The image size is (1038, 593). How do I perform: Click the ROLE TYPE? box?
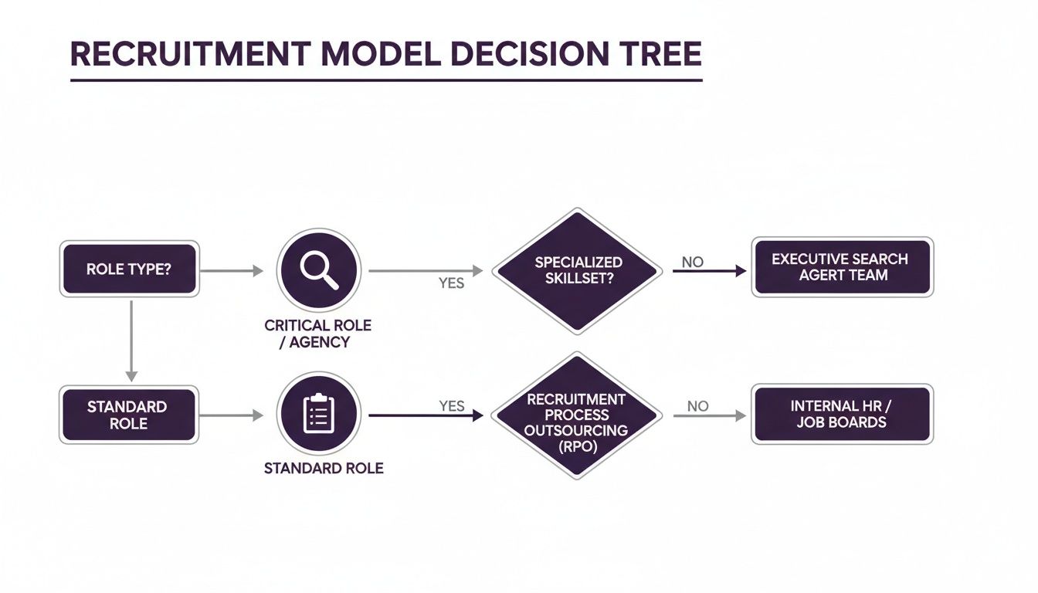129,269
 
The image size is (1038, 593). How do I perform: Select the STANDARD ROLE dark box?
128,415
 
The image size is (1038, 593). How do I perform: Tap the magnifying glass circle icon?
319,269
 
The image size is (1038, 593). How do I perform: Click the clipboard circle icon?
318,415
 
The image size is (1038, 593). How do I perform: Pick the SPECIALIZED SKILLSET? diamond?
578,271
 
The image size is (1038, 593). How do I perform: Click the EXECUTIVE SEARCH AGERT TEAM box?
842,267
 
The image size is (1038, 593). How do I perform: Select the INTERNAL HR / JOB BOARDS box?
842,414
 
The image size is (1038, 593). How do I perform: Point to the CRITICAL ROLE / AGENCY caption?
317,334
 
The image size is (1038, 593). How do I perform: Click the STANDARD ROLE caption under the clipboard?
324,468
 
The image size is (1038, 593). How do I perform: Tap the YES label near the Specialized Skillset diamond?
451,283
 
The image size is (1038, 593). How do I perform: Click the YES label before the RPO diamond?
451,405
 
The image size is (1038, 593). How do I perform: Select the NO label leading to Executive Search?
693,262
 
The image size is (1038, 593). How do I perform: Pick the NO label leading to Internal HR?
697,406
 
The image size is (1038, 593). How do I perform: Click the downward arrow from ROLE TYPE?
131,340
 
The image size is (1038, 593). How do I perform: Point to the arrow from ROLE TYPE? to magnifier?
232,270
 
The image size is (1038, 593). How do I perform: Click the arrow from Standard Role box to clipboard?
232,415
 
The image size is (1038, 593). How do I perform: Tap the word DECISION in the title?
508,54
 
